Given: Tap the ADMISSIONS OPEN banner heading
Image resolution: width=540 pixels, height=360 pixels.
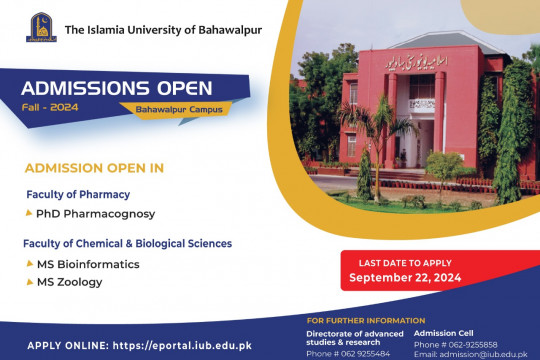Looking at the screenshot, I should tap(106, 84).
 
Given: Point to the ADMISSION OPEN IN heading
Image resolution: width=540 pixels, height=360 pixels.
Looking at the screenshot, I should tap(94, 167).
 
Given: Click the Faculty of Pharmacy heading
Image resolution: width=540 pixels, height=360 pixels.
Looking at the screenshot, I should tap(79, 194).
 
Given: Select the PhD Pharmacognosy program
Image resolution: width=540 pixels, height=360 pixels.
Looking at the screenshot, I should tap(95, 214).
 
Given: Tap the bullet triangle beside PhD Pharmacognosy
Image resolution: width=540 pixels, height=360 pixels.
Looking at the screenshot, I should tap(29, 214).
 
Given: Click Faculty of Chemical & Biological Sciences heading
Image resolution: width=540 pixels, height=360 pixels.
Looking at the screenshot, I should tap(128, 243).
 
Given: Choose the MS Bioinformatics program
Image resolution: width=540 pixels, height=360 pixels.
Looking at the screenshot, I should tap(88, 264).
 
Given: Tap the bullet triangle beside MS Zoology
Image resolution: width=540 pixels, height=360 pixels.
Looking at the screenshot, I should tap(29, 283).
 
